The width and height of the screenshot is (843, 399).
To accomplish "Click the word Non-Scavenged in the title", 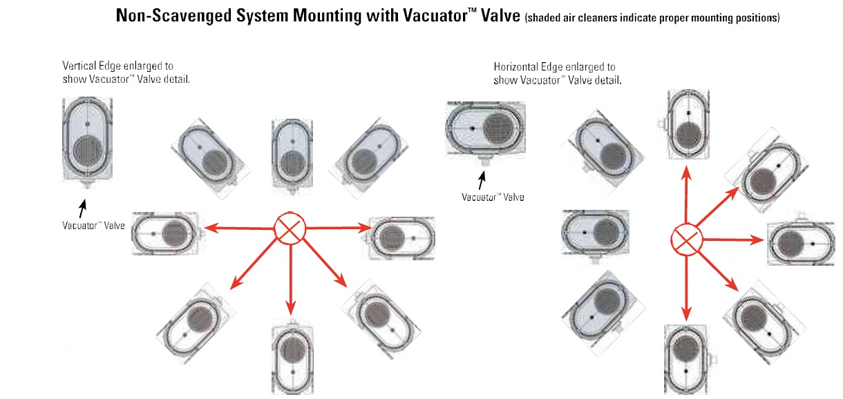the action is (173, 16).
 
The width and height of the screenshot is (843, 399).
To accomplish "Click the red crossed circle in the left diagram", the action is (290, 228).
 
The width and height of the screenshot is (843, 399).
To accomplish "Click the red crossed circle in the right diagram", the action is (686, 240).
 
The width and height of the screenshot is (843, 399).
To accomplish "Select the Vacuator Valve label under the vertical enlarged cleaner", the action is (93, 226).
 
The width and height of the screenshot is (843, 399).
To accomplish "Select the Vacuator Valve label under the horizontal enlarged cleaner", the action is (493, 197).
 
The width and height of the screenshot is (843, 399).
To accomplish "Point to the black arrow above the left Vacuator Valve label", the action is (82, 208).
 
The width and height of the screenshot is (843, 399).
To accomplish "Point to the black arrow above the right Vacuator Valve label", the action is (482, 180).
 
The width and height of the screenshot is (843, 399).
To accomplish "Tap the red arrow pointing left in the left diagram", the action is (239, 228).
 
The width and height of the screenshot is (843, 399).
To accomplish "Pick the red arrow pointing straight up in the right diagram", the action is (687, 195).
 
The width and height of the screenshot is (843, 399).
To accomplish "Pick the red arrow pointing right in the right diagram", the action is (733, 240).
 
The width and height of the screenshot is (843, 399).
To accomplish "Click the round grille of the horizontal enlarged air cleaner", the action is (498, 128).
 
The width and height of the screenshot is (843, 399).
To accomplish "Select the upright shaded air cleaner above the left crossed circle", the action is (292, 156).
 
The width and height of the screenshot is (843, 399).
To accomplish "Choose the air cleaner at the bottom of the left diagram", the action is (292, 356).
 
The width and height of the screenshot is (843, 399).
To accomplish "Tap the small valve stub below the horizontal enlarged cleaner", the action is (485, 161).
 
